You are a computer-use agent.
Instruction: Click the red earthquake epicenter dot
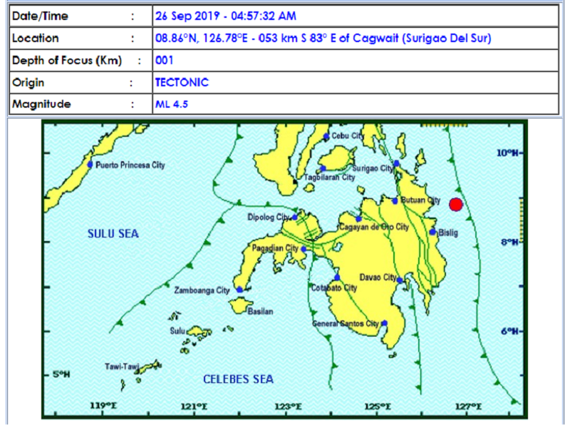tap(456, 205)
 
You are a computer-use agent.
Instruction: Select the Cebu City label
tap(348, 136)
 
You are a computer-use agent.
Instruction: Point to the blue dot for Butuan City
tap(395, 200)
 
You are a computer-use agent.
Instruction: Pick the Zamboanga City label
tap(202, 290)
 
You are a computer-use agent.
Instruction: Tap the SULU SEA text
tap(113, 233)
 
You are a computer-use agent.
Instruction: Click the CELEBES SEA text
tap(238, 379)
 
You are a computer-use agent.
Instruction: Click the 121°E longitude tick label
tap(194, 407)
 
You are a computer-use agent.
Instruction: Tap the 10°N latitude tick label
tap(507, 153)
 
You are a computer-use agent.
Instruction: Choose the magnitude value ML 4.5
tap(172, 104)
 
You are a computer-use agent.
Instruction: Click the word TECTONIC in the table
tap(182, 82)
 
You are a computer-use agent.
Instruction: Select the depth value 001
tap(164, 61)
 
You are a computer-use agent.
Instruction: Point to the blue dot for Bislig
tap(432, 232)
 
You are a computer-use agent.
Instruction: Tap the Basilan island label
tap(259, 312)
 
